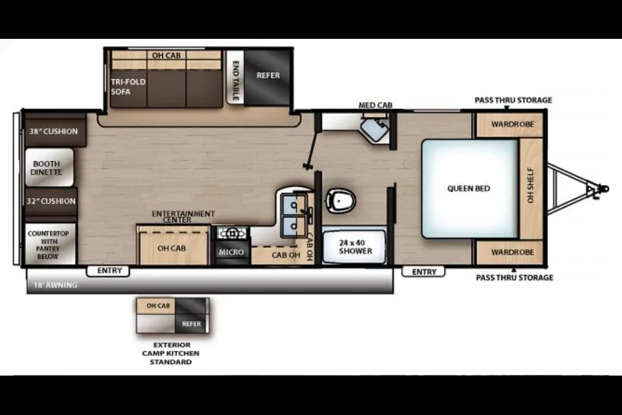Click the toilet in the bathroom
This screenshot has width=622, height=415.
pos(340,200)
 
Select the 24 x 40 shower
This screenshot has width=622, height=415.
pos(354,247)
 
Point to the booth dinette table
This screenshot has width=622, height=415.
pos(49,167)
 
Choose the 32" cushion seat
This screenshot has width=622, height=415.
pos(51,202)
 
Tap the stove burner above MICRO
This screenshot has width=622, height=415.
pos(232,233)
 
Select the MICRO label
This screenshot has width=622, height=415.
pos(231,252)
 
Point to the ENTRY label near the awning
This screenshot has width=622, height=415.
pos(109,270)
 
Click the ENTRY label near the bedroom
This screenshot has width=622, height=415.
pos(424,272)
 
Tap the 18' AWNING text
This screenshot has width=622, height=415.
pos(55,285)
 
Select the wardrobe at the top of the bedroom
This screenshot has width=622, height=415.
pos(509,125)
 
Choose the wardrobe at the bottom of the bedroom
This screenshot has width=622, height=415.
pos(509,253)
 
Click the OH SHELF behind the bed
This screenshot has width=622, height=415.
pos(531,189)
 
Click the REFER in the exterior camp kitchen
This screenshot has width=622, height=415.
pos(192,324)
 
